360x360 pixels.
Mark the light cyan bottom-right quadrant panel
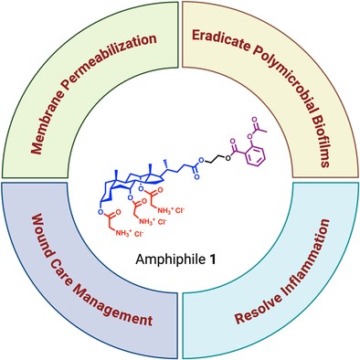click(x=274, y=302)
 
